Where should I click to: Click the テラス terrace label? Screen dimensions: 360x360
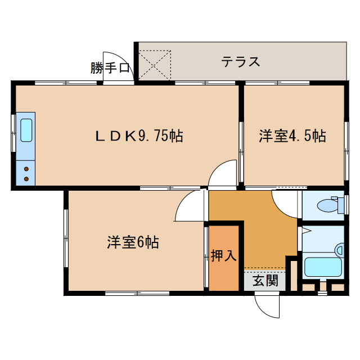240,61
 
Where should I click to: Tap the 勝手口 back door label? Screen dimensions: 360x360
110,68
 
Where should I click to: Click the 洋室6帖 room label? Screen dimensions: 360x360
133,243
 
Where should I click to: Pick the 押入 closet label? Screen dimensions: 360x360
223,256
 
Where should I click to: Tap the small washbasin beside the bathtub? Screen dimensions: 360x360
340,249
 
